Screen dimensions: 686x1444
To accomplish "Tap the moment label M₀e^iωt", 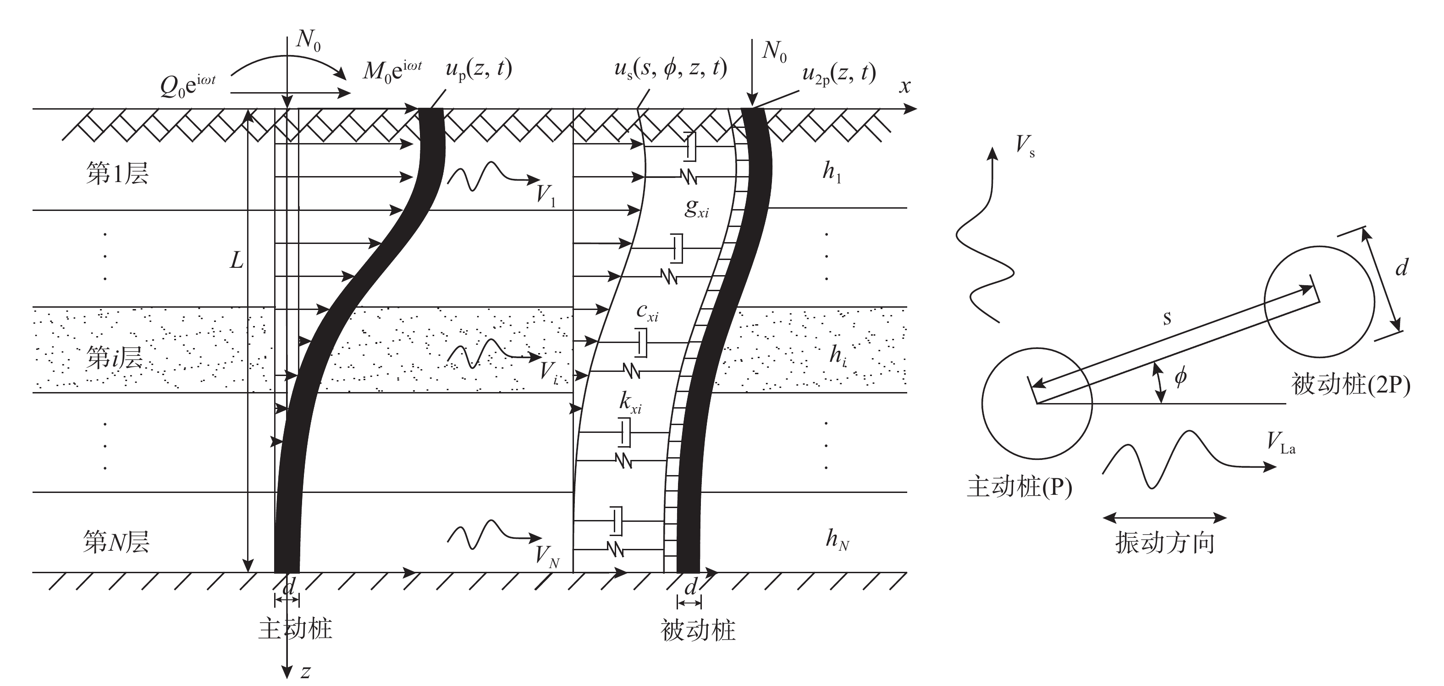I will point(392,71).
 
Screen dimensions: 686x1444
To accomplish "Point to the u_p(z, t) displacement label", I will point(478,70).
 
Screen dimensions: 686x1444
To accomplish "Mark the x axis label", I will point(905,86).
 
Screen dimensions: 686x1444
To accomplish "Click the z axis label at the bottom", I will point(305,671).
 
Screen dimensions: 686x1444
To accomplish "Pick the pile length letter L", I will point(237,260).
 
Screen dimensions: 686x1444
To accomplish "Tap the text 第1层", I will point(117,173).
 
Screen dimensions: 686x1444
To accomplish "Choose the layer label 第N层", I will point(116,542).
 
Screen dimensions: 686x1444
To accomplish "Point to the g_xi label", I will point(696,209).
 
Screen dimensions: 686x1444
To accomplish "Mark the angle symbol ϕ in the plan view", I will point(1180,377).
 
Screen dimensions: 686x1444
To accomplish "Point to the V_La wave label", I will point(1281,443).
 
